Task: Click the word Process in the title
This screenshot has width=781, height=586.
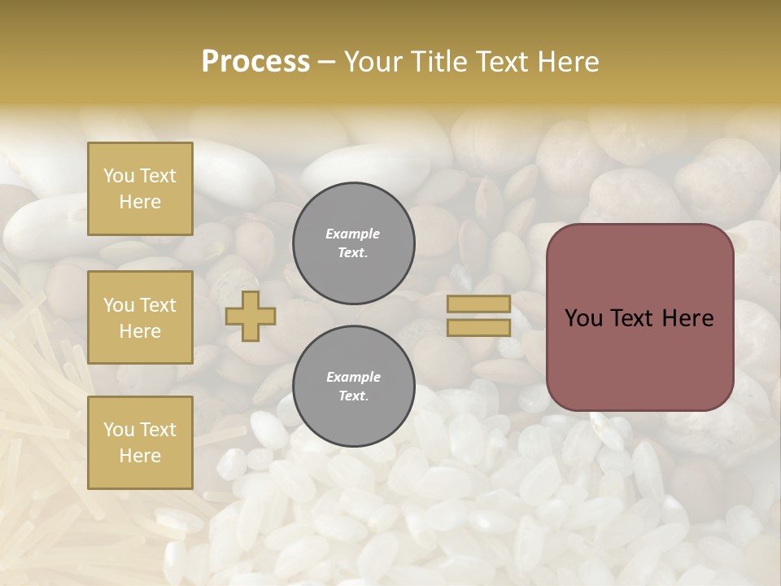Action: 255,62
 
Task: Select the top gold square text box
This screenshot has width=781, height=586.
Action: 140,189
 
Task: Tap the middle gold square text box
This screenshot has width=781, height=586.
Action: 140,317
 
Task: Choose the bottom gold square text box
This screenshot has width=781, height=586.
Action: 140,443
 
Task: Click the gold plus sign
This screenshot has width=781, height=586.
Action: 250,317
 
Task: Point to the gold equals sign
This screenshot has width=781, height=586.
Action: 478,316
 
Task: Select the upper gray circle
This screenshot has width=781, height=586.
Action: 354,243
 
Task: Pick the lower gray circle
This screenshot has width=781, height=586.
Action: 354,387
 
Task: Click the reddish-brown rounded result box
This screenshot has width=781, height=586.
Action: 639,317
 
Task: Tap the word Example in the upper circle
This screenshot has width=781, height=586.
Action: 353,234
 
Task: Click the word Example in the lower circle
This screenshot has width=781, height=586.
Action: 353,377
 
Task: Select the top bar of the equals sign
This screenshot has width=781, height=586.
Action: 478,304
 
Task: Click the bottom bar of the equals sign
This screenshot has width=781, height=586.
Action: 478,327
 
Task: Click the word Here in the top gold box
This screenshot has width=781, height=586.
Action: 140,202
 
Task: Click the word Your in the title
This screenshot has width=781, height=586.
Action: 375,62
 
